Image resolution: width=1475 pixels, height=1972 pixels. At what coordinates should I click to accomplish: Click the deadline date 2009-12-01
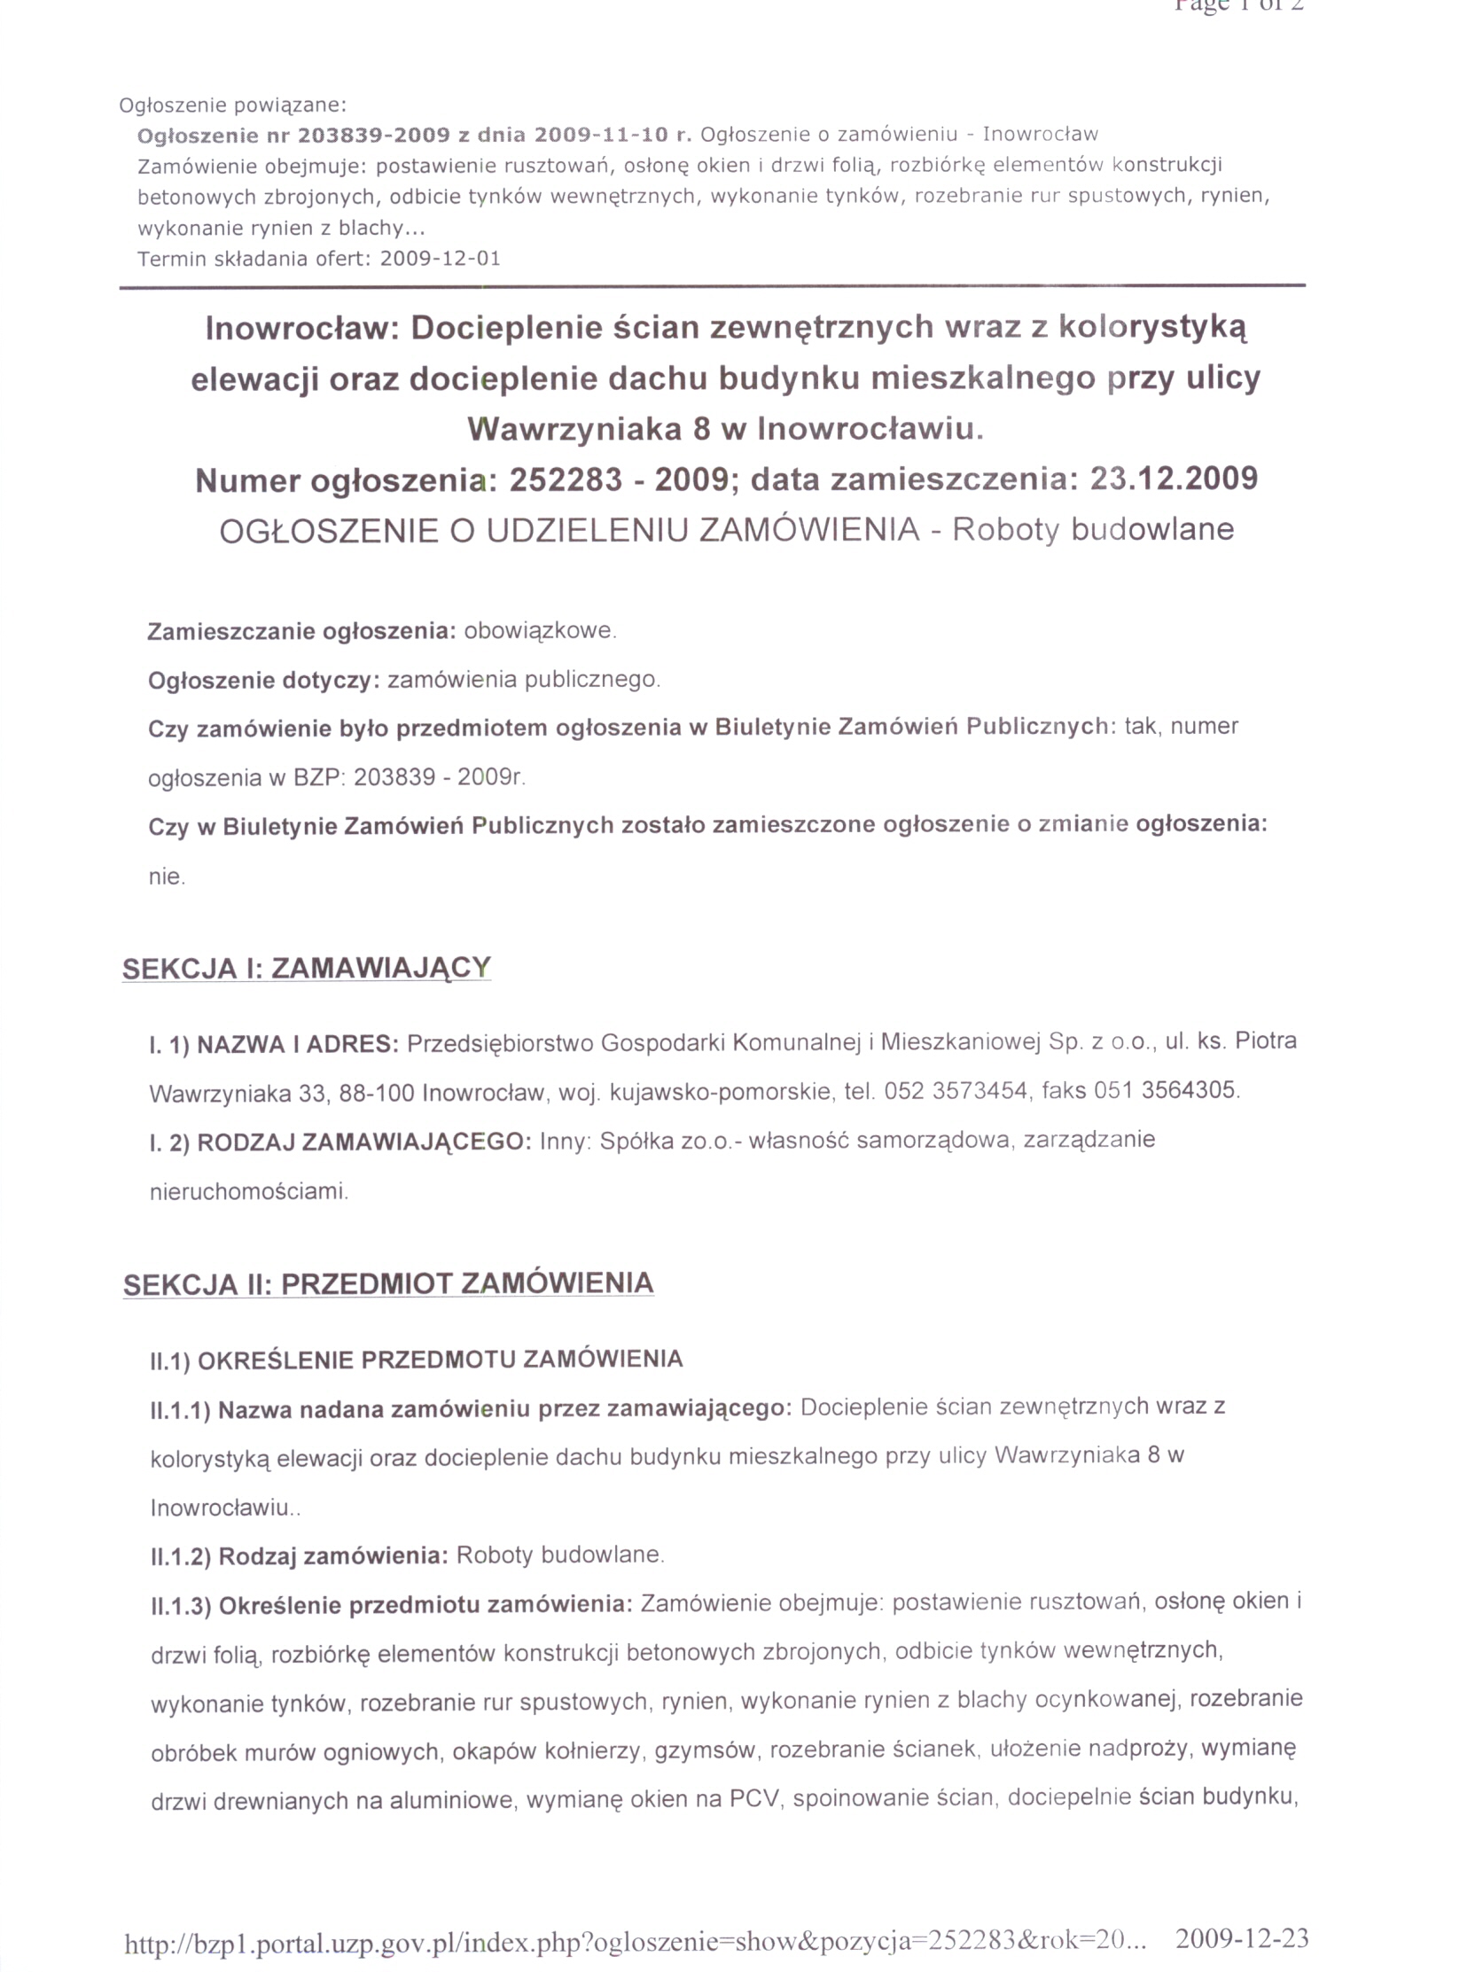tap(440, 260)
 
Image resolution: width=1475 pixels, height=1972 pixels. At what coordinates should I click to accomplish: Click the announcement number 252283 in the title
tap(565, 480)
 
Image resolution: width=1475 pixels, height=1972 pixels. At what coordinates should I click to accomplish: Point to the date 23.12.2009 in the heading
tap(1174, 479)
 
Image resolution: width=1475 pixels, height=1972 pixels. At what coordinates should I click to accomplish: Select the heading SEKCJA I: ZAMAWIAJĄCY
tap(306, 969)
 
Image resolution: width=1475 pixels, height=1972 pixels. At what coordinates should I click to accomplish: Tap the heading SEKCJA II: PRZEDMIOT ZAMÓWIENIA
tap(388, 1283)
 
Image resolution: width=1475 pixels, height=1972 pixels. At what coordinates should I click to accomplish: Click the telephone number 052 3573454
tap(955, 1090)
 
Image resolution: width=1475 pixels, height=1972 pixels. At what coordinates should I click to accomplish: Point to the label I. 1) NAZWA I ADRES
tap(274, 1043)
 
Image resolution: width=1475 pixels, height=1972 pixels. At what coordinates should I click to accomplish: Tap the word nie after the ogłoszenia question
tap(166, 877)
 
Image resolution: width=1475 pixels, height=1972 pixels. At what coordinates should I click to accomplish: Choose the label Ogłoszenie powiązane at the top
tap(233, 105)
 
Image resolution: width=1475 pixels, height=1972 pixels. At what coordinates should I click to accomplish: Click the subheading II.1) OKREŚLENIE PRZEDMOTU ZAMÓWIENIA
tap(416, 1360)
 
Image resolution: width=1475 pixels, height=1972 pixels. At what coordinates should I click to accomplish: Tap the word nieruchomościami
tap(249, 1192)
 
